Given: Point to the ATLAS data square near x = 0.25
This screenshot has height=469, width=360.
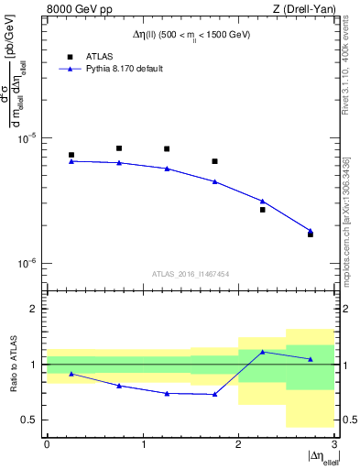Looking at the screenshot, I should (x=71, y=155).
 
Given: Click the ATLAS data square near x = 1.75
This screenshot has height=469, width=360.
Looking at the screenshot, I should (x=214, y=161).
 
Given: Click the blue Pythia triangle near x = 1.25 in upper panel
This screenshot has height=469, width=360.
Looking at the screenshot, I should (x=167, y=169).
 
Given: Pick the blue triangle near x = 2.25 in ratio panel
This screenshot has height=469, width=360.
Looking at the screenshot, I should (x=262, y=352).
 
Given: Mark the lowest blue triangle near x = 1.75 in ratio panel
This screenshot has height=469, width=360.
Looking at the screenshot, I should (x=214, y=394).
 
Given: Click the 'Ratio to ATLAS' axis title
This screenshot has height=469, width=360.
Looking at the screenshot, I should (x=13, y=365).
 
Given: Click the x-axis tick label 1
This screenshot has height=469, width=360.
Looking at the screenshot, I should (x=143, y=444).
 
